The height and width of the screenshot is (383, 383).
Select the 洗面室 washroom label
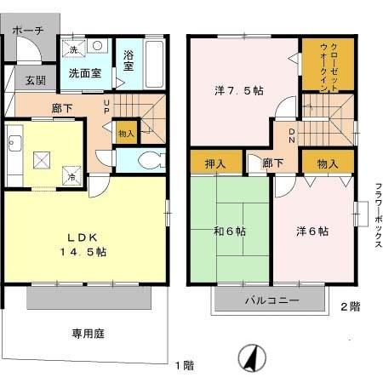point(85,73)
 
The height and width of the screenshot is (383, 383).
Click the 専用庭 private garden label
point(87,334)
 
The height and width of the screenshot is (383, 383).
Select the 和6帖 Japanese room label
point(230,232)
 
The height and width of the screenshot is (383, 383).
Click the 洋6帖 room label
point(312,231)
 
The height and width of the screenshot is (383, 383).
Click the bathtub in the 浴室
point(155,61)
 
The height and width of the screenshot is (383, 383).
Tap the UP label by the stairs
point(106,111)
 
